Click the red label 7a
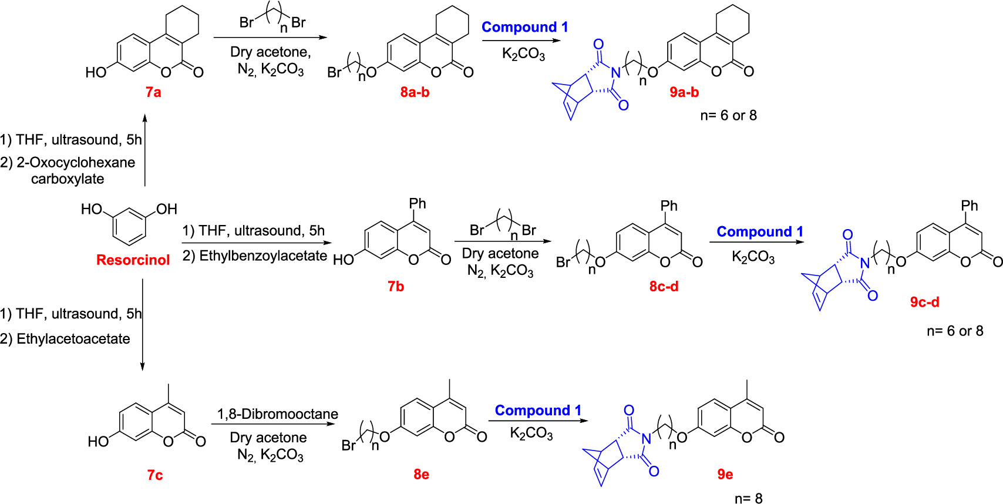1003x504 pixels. click(x=153, y=92)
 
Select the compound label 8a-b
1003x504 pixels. click(x=415, y=92)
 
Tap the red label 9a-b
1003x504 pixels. click(x=684, y=92)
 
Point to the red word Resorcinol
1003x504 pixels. click(x=133, y=260)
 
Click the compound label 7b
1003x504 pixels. click(x=396, y=286)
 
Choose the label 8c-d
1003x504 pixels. click(x=664, y=286)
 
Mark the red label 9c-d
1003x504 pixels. click(x=925, y=302)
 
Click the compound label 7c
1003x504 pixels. click(x=155, y=475)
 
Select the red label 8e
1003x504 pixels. click(x=422, y=474)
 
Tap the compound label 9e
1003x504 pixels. click(x=725, y=474)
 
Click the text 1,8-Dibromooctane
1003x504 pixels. click(x=278, y=414)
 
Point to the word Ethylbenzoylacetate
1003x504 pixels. click(x=263, y=256)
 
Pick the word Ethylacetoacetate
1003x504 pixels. click(x=73, y=339)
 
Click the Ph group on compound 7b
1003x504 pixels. click(x=418, y=204)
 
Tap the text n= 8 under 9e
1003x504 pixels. click(x=748, y=498)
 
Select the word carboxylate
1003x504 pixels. click(x=68, y=179)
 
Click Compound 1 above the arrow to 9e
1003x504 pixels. click(x=538, y=410)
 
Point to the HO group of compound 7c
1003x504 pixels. click(x=99, y=442)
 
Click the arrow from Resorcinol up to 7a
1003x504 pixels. click(x=144, y=150)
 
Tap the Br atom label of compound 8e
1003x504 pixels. click(x=348, y=446)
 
